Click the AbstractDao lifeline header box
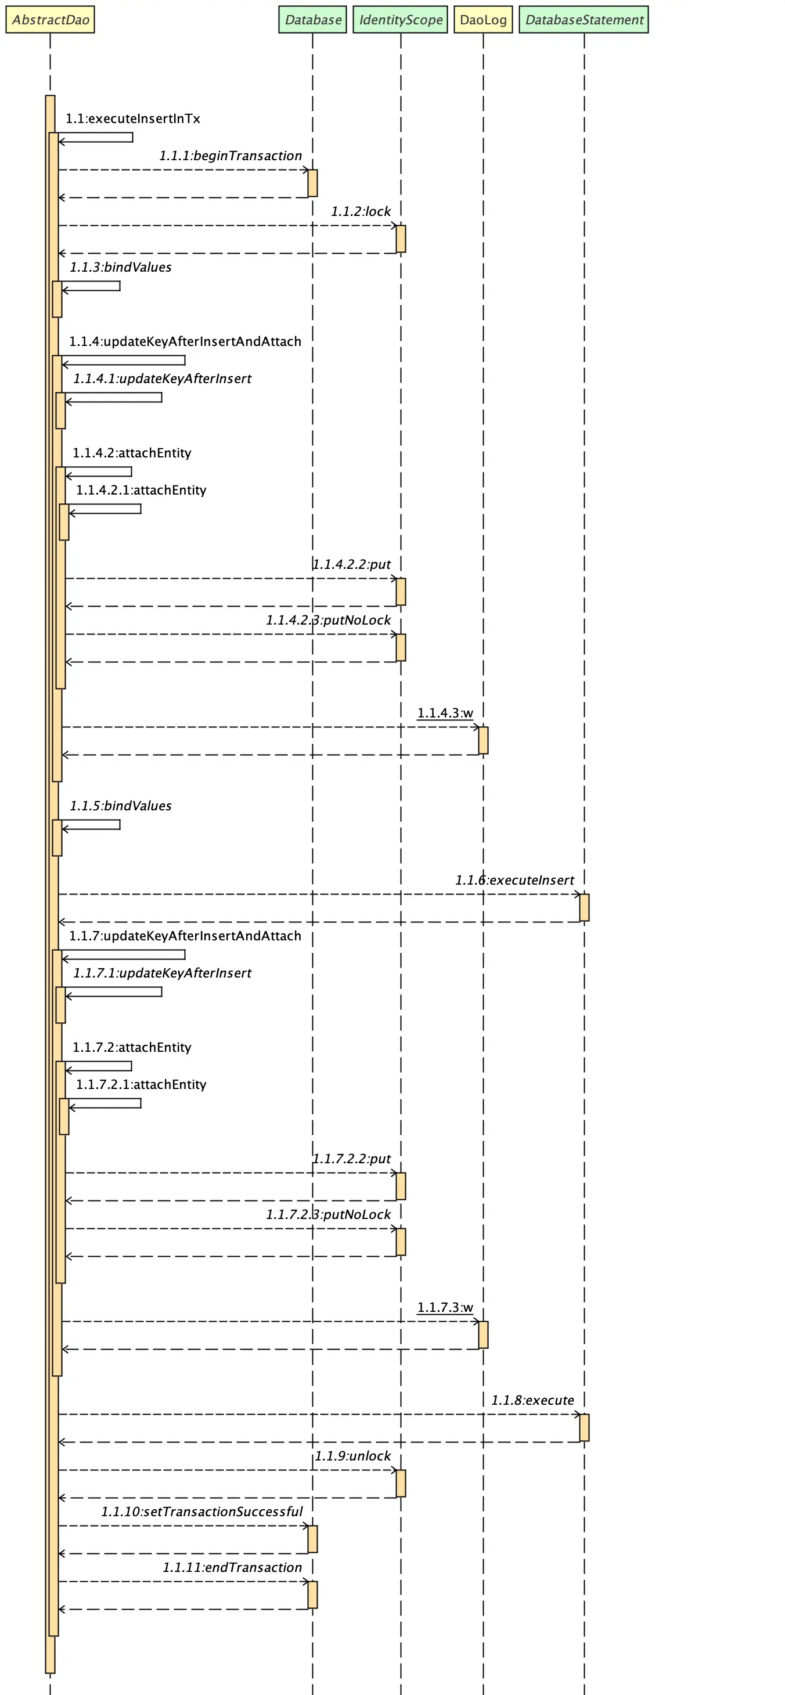coord(50,20)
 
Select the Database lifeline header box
coord(312,20)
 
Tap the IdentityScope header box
coord(401,20)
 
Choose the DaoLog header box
coord(483,20)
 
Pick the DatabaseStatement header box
coord(584,20)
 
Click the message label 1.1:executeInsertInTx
coord(133,119)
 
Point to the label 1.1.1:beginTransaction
coord(231,156)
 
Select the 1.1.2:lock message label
coord(361,212)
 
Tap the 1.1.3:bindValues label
coord(120,267)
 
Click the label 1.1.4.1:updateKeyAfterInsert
coord(162,379)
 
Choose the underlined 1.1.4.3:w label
coord(445,713)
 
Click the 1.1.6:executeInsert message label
coord(514,881)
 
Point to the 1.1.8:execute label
coord(532,1400)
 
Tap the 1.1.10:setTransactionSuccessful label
coord(202,1512)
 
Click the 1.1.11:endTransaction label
coord(232,1567)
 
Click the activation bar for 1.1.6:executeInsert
coord(584,907)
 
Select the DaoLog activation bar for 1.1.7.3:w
coord(483,1335)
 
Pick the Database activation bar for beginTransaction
coord(312,183)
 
